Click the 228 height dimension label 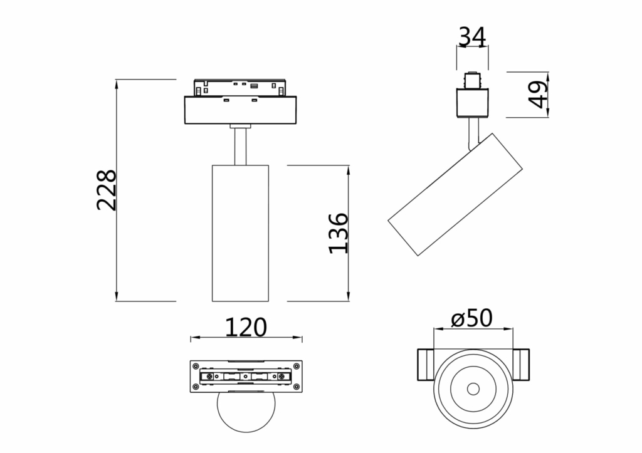click(x=107, y=190)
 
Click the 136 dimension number click(x=339, y=233)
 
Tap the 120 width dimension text click(x=246, y=326)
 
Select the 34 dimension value click(x=472, y=38)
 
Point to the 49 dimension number click(x=539, y=95)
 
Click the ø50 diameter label click(x=472, y=318)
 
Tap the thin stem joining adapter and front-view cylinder click(x=240, y=147)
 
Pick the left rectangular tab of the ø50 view click(x=424, y=364)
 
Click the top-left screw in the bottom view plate click(x=196, y=366)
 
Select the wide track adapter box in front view click(x=240, y=110)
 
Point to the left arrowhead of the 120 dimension click(x=194, y=339)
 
